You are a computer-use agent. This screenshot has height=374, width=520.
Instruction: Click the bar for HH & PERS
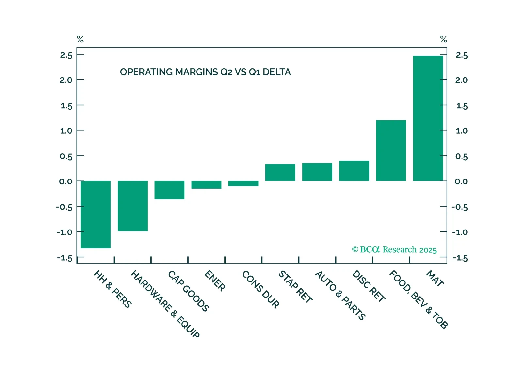(96, 214)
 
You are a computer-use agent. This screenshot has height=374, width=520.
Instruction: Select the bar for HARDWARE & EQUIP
(133, 206)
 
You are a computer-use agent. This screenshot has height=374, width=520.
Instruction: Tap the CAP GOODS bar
(169, 190)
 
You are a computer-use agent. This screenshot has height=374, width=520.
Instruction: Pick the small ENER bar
(206, 185)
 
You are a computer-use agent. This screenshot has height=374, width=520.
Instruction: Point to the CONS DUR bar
(243, 183)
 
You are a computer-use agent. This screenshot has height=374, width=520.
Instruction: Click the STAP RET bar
(280, 173)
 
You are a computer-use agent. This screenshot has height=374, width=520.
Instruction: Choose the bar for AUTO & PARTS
(317, 172)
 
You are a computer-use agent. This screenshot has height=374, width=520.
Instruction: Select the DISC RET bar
(354, 171)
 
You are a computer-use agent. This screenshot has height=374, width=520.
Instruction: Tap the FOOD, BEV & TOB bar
(391, 150)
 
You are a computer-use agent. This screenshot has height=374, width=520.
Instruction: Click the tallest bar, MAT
(428, 118)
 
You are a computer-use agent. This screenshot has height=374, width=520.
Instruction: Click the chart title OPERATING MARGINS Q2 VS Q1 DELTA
(205, 72)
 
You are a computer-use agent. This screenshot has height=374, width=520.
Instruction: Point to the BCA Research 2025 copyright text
(394, 250)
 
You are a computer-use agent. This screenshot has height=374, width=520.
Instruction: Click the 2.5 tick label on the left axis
(66, 55)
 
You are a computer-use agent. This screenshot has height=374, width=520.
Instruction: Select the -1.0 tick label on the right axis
(460, 232)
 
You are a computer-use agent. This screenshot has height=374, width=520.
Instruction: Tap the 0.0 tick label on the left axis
(66, 181)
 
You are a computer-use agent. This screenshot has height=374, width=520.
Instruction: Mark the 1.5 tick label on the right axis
(462, 106)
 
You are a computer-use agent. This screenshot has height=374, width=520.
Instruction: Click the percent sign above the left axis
(80, 40)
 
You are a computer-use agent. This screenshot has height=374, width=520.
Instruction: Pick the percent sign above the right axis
(443, 40)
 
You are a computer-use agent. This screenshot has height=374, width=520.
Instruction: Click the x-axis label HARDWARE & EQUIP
(165, 304)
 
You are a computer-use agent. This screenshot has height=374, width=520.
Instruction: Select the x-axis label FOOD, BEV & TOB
(418, 299)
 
